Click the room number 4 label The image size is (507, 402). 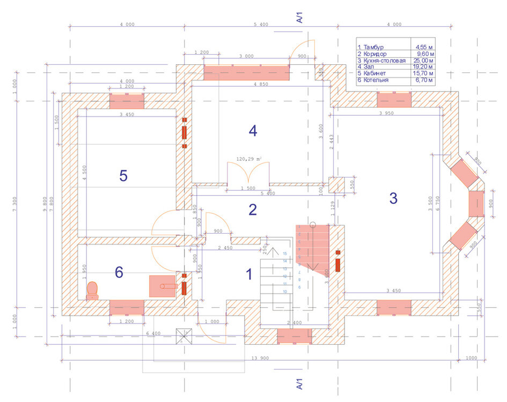[253, 131]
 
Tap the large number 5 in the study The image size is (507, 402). [123, 176]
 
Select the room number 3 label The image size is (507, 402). [393, 198]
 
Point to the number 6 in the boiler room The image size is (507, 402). [119, 273]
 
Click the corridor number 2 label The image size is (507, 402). [253, 210]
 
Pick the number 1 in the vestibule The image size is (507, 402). [248, 275]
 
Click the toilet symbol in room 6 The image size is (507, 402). [93, 290]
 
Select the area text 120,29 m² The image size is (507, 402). [248, 159]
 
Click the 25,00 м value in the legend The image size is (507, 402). [424, 61]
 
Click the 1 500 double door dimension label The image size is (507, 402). [248, 188]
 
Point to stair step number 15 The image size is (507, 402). [285, 253]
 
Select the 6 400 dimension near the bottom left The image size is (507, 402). [153, 333]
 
